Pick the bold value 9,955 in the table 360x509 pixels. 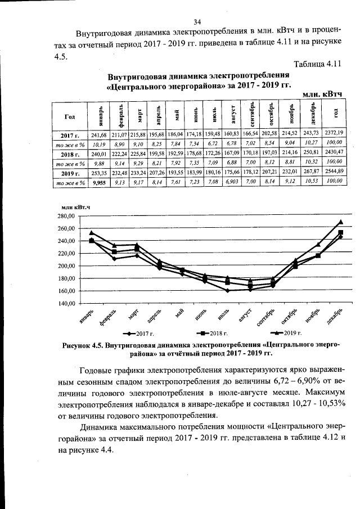point(100,183)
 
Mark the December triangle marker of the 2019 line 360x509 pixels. point(341,222)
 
